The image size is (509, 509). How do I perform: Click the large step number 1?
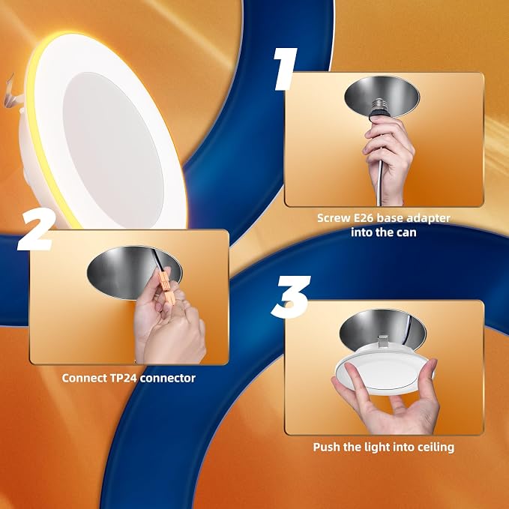pos(286,69)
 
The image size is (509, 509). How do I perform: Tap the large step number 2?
pos(36,230)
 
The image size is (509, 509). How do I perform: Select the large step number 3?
pos(291,296)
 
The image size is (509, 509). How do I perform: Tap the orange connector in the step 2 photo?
pos(166,286)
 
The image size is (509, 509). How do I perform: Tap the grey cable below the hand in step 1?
pos(380,181)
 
